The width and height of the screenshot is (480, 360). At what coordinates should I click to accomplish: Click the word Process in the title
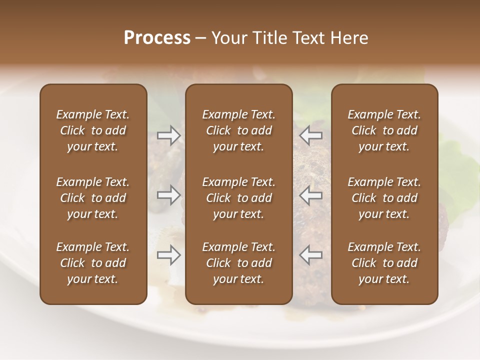[157, 38]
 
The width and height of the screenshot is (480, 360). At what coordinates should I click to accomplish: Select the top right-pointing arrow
[169, 135]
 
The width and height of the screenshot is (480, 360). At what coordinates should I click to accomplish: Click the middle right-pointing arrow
[169, 195]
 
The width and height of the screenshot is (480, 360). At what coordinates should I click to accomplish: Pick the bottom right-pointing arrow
[169, 255]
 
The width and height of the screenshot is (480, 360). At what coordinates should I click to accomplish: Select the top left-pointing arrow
[310, 135]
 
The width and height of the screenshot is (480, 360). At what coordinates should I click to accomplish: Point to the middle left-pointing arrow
[310, 195]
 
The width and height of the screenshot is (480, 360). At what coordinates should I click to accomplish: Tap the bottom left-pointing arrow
[310, 255]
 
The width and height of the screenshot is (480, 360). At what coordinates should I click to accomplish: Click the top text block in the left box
[93, 130]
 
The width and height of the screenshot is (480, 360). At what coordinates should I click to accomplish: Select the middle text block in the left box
[93, 198]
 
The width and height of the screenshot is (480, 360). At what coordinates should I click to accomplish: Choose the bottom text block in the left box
[93, 263]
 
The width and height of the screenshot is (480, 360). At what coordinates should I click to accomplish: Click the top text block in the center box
[238, 130]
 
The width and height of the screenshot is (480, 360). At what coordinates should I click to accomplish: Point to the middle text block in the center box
[238, 198]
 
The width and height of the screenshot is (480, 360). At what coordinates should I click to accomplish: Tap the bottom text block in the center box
[238, 263]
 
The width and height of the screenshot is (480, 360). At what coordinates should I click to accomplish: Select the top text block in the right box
[384, 130]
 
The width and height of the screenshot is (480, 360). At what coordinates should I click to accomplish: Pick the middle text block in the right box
[384, 198]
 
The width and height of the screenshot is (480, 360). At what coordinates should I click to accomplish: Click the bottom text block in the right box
[384, 263]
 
